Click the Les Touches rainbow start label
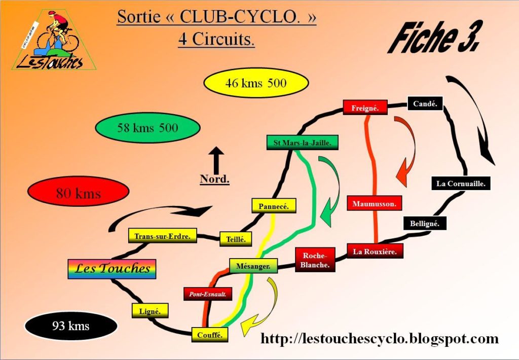(x=112, y=269)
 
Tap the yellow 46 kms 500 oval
(x=256, y=83)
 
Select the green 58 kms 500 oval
(x=147, y=128)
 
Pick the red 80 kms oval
(x=78, y=193)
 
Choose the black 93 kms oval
(x=71, y=326)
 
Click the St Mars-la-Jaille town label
(x=302, y=143)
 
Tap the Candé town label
(x=425, y=104)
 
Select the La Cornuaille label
(x=461, y=184)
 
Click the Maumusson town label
(x=375, y=203)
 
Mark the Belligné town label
(x=425, y=223)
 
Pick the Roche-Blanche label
(x=315, y=260)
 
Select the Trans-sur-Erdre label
(x=162, y=236)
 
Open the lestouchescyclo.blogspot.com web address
(x=379, y=338)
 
